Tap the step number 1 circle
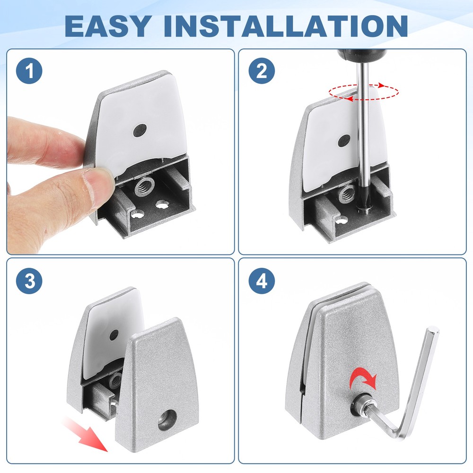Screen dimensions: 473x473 tap(29, 72)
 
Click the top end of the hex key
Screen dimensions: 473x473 tap(432, 331)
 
